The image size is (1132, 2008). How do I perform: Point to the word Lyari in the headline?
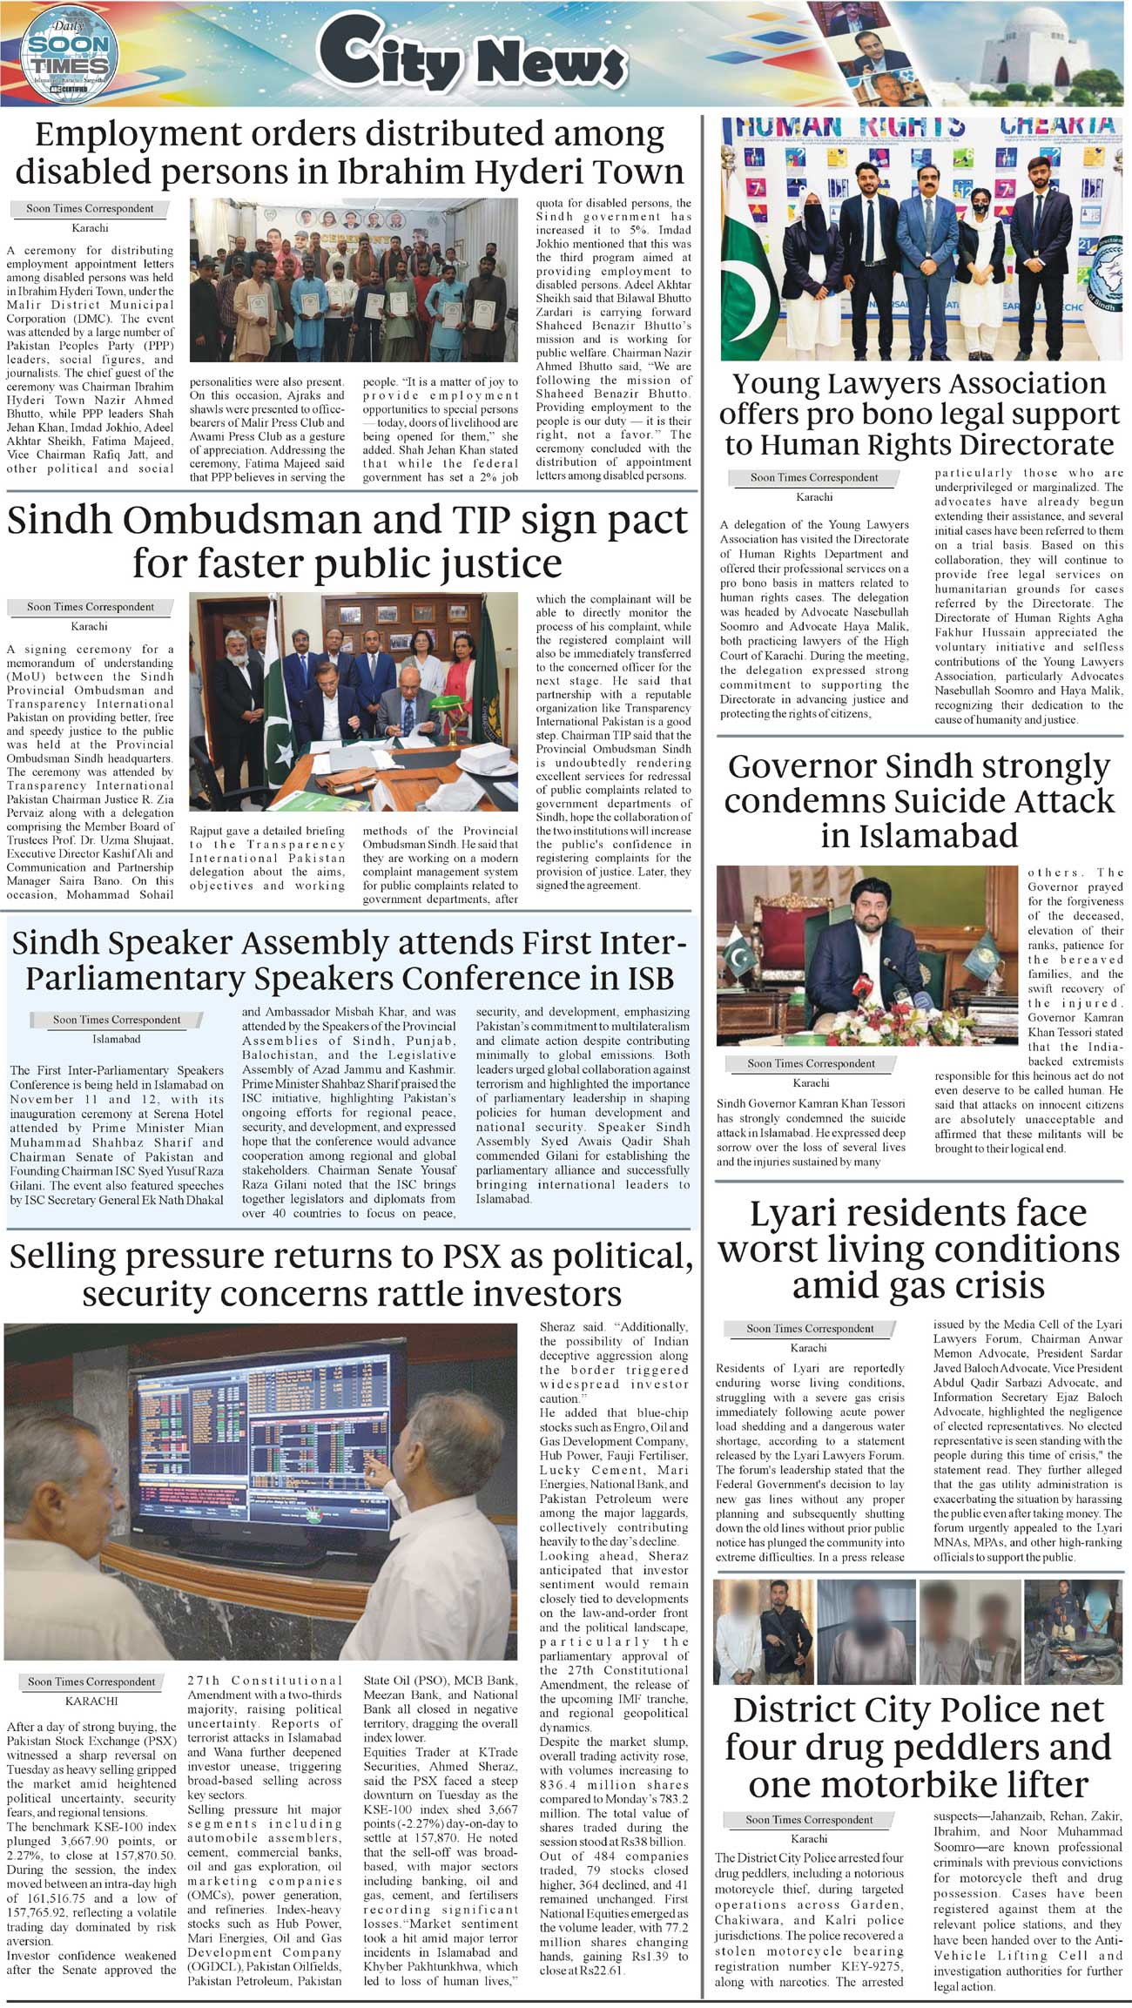(805, 1213)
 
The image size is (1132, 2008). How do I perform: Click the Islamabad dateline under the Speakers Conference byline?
(117, 1039)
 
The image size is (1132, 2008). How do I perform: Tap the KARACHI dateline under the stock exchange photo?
(91, 1701)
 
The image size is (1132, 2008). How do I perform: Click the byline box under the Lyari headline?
(809, 1328)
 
